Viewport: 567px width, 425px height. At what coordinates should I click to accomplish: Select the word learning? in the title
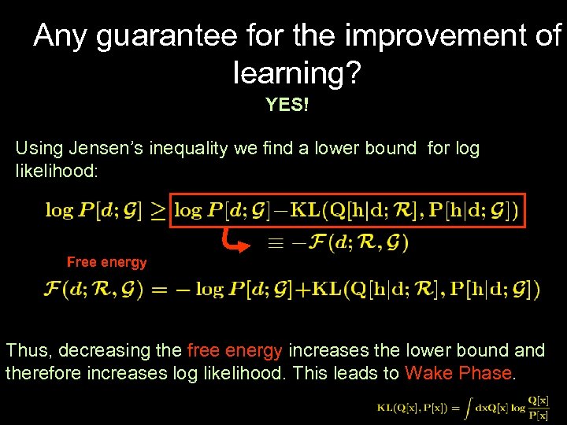(297, 72)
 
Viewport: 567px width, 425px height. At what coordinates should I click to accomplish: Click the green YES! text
(287, 105)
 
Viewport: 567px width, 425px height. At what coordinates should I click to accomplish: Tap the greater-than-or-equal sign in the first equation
(158, 211)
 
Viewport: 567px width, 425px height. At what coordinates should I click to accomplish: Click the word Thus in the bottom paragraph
(28, 350)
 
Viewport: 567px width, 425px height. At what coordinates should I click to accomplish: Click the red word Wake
(429, 373)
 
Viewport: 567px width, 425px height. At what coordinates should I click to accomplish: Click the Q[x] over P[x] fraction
(539, 407)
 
